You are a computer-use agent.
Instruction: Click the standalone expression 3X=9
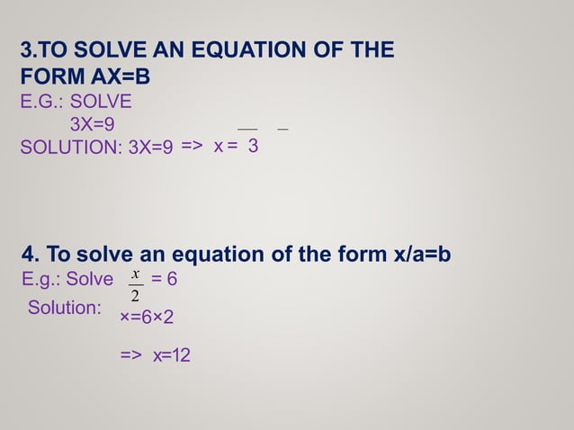(x=92, y=124)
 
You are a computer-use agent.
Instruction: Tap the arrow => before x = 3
(x=193, y=147)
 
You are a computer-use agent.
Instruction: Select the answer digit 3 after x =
(x=254, y=147)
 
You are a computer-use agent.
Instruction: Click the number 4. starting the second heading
(x=31, y=255)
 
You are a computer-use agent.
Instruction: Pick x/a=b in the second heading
(x=423, y=255)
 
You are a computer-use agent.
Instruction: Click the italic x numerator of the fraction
(x=135, y=273)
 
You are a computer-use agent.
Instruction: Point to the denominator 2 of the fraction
(x=135, y=296)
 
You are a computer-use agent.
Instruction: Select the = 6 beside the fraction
(x=165, y=280)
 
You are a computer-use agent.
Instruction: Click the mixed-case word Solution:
(x=65, y=308)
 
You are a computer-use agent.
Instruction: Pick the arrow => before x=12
(x=131, y=356)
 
